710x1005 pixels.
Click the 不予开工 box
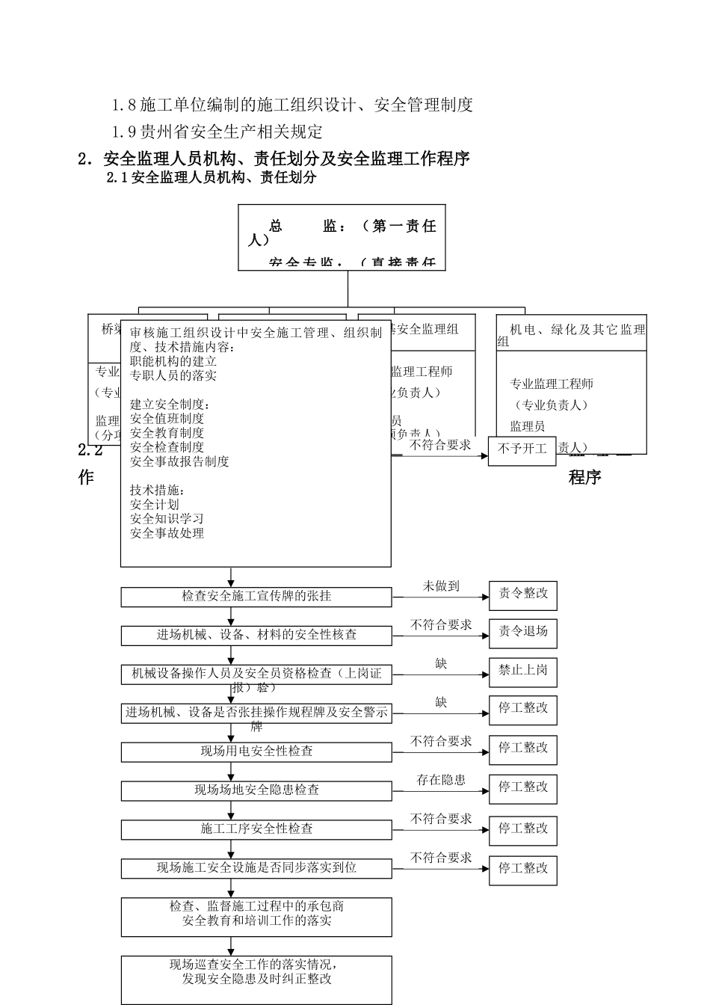click(522, 450)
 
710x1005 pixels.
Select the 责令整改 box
click(522, 594)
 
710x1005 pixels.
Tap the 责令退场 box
click(522, 633)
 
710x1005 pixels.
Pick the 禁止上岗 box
click(522, 671)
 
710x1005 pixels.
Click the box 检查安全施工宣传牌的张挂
click(256, 597)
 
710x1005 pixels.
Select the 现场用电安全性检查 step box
click(256, 752)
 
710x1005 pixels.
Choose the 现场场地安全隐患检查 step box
click(256, 790)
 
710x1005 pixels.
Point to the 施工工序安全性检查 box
click(256, 829)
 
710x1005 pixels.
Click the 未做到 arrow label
click(441, 587)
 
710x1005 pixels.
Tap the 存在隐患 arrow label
click(441, 781)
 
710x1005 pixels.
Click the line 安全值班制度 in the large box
click(167, 419)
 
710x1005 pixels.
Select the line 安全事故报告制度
click(179, 461)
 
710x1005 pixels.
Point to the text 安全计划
click(155, 504)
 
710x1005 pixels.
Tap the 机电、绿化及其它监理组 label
click(572, 334)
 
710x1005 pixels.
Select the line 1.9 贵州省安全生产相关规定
click(217, 132)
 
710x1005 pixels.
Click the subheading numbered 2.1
click(212, 178)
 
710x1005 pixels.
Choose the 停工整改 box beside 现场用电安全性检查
click(522, 749)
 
